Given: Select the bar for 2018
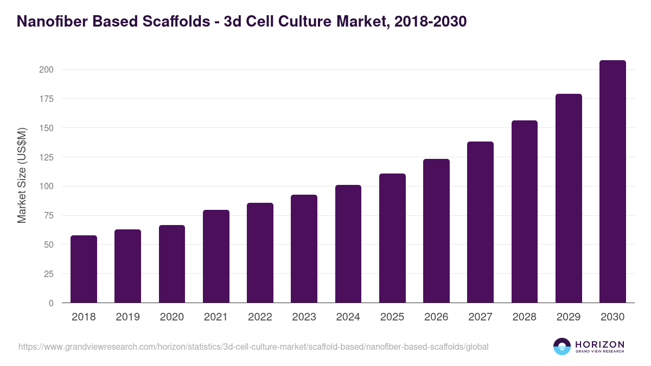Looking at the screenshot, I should [x=84, y=269].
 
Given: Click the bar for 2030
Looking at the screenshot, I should [x=612, y=182].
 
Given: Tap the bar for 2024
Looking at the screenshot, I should [x=348, y=244].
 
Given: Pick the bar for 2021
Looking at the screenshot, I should [x=216, y=256].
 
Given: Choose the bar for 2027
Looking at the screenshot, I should [x=480, y=222].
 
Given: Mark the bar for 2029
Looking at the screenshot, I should [x=569, y=198].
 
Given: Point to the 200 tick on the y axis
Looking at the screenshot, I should [x=46, y=69].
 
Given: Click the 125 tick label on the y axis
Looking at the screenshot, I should [x=46, y=157].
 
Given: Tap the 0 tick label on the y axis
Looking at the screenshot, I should [x=50, y=303].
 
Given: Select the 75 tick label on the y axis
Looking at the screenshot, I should [x=48, y=215].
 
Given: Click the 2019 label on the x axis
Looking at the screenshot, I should [x=127, y=317].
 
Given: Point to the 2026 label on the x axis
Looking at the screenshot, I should [x=436, y=317].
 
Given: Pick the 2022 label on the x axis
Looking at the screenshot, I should [x=260, y=317].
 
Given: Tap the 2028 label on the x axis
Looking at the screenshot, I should [x=525, y=317].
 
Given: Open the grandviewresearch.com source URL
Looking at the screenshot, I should [x=253, y=346].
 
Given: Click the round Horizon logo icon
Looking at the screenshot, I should [x=562, y=346].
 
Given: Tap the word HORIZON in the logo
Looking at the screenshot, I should [x=599, y=344].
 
